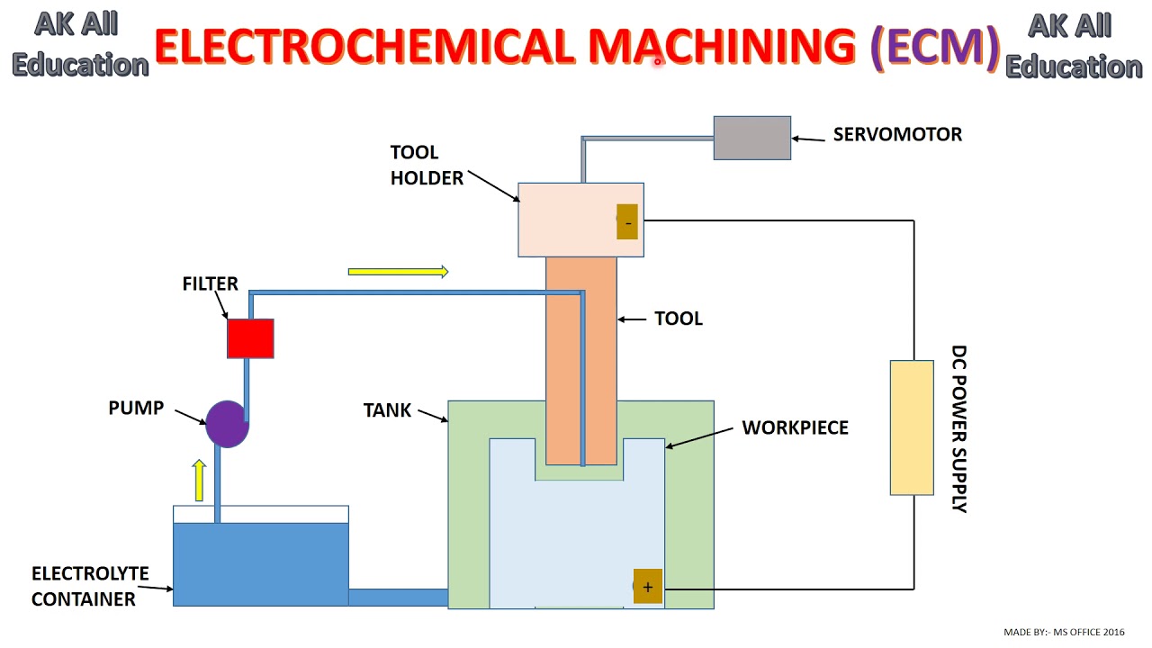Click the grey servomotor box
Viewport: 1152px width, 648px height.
point(751,138)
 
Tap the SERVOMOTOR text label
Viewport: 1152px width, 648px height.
point(896,134)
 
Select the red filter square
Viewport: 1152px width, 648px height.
point(250,339)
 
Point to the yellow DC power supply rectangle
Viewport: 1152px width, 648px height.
point(911,427)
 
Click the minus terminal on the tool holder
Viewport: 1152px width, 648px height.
point(627,221)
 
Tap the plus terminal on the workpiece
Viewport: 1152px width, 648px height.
point(647,587)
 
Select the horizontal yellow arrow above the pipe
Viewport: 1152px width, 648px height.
point(398,271)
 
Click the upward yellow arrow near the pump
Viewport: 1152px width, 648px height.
point(199,480)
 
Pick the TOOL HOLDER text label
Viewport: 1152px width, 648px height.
point(427,166)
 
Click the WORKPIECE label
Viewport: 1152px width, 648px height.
point(795,427)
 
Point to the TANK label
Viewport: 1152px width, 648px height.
point(387,410)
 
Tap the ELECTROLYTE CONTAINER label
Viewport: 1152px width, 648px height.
point(89,586)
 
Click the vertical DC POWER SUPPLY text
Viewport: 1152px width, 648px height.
point(959,428)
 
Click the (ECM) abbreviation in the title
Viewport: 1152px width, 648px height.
point(936,47)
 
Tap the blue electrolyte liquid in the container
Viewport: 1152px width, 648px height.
point(260,563)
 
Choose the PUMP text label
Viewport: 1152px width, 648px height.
point(136,408)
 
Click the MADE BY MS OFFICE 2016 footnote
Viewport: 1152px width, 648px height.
point(1063,633)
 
